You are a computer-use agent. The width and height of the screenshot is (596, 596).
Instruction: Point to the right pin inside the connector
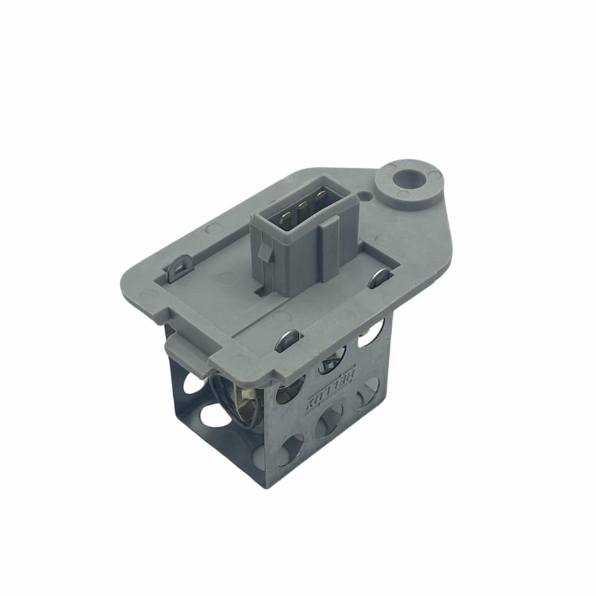[320, 199]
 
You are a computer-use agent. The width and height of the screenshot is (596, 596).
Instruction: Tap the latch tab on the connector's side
[264, 251]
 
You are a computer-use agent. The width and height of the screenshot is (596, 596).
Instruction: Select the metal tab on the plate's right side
[379, 279]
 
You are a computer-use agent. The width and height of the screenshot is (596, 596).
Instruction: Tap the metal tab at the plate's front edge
[287, 338]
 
